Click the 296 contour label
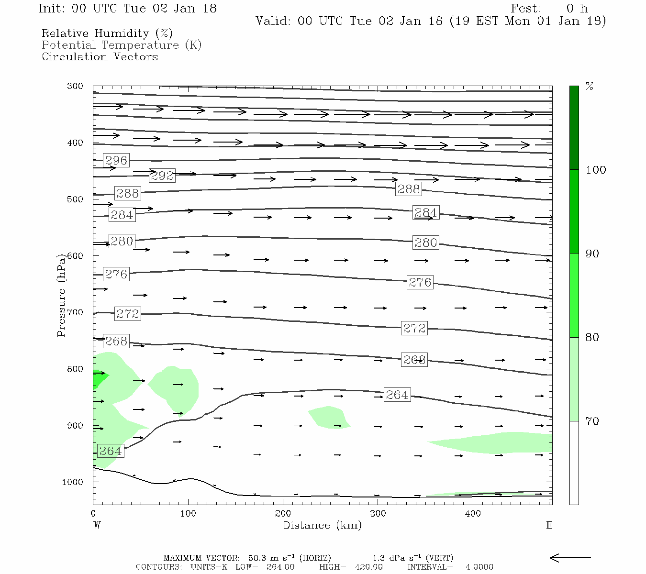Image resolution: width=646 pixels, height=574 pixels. [116, 160]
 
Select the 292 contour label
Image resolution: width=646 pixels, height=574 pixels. [162, 176]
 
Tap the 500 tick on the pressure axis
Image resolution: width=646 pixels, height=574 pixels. [75, 199]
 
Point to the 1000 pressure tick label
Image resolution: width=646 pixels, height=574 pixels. [72, 482]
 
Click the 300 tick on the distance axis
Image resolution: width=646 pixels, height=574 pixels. [378, 514]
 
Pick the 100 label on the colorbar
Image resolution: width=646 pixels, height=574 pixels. [596, 170]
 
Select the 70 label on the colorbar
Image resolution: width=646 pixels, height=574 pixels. [592, 421]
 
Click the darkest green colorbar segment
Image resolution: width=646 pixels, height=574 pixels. [574, 128]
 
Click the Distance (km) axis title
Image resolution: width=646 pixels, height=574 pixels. [322, 525]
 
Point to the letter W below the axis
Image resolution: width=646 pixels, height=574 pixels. [97, 525]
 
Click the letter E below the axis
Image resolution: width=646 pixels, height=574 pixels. [549, 525]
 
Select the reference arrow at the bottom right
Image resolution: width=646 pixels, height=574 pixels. [570, 558]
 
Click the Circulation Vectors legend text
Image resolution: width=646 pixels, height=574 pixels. [100, 56]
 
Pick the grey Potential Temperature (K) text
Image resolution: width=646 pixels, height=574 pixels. [122, 45]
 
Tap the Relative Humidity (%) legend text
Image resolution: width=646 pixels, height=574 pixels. [107, 33]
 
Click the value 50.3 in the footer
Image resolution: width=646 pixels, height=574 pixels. [258, 558]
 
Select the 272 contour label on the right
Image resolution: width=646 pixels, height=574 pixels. [414, 328]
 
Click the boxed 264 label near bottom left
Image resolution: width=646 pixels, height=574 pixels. [110, 451]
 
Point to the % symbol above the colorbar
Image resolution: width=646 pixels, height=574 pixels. [590, 87]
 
